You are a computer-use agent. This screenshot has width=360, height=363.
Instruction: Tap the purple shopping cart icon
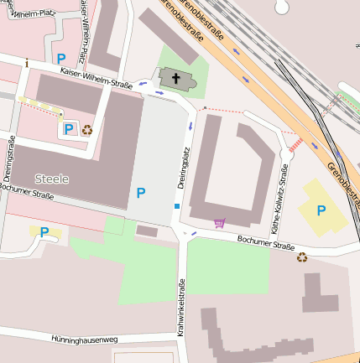pyautogui.click(x=220, y=222)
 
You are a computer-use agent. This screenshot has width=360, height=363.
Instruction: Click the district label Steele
pyautogui.click(x=52, y=179)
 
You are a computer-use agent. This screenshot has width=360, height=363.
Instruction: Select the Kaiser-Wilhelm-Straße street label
pyautogui.click(x=97, y=79)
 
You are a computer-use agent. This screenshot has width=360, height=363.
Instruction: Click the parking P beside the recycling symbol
pyautogui.click(x=69, y=129)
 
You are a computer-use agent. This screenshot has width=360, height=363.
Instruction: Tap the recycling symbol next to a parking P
pyautogui.click(x=86, y=129)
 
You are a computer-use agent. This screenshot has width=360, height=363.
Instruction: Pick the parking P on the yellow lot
pyautogui.click(x=321, y=210)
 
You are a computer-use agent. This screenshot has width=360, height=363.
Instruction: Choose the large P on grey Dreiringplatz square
pyautogui.click(x=140, y=193)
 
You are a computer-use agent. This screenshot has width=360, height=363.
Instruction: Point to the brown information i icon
pyautogui.click(x=27, y=63)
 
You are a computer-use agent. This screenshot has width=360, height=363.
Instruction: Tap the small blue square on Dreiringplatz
pyautogui.click(x=176, y=205)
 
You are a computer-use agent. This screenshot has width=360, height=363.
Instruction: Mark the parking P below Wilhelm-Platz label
pyautogui.click(x=60, y=58)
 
